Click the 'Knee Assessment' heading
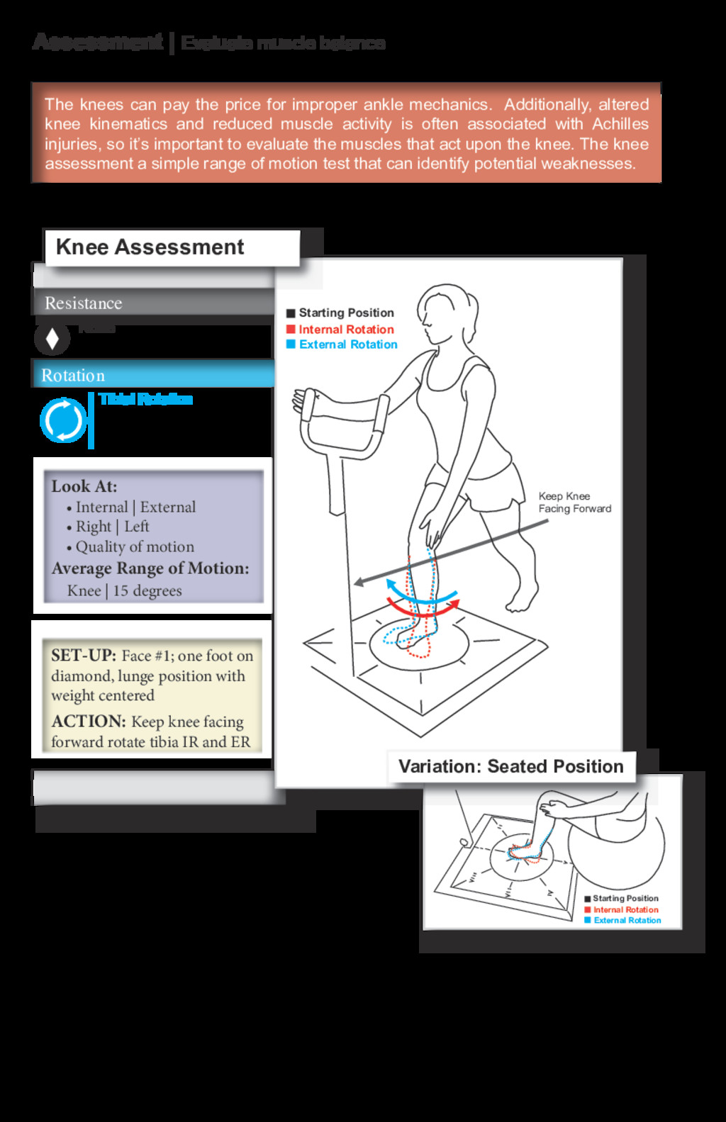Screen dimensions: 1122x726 click(x=150, y=247)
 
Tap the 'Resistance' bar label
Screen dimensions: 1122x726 click(x=83, y=303)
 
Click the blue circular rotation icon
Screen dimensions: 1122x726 click(x=63, y=420)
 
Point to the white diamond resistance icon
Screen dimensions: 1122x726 click(x=52, y=339)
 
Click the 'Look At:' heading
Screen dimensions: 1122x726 click(x=84, y=486)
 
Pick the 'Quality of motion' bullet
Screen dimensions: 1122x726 click(x=135, y=546)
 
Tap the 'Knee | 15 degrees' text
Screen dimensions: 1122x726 click(x=124, y=590)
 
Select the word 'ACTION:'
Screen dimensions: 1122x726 click(x=89, y=722)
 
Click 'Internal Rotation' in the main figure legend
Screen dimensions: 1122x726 click(x=346, y=330)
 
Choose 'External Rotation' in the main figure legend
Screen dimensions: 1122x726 click(x=348, y=344)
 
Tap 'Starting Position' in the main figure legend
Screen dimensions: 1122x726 click(x=346, y=313)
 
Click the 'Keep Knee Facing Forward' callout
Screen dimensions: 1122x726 click(x=574, y=503)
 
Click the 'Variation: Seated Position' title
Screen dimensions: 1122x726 click(x=510, y=767)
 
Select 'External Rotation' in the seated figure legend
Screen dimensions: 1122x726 click(x=627, y=921)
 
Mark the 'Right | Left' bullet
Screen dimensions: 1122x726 click(x=112, y=527)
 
